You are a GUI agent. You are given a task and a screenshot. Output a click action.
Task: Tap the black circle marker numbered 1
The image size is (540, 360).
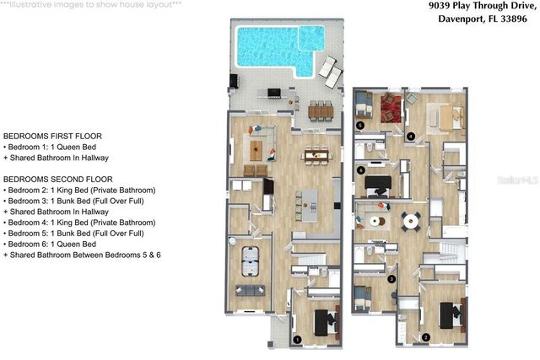tap(296, 339)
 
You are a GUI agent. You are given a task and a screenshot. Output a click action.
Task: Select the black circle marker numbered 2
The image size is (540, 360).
tap(426, 337)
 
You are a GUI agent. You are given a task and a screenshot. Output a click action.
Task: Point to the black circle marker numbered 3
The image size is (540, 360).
tap(391, 277)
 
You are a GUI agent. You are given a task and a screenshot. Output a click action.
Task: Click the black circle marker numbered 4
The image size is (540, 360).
tap(411, 136)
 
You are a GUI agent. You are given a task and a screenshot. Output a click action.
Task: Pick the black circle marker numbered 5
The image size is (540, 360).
tap(360, 125)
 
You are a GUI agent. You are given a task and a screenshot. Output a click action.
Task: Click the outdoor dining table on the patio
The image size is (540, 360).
tap(320, 110)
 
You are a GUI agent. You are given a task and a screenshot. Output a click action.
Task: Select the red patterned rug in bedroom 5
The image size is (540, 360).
tap(391, 107)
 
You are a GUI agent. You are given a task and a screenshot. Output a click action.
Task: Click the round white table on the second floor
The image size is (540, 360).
tap(411, 222)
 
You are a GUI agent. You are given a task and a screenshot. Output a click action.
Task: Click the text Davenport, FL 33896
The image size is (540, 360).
tap(483, 23)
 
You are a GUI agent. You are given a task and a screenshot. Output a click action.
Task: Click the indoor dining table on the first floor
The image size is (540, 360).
tap(314, 153)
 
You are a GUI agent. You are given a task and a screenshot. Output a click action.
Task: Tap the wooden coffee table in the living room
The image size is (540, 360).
tap(256, 151)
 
